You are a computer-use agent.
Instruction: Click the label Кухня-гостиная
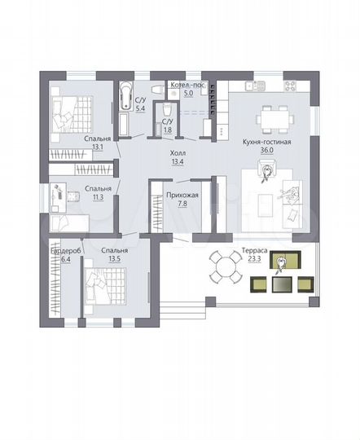[x=266, y=141]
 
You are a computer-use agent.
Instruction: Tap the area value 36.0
[x=266, y=150]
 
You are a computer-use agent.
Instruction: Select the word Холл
[x=178, y=152]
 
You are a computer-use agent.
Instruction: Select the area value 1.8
[x=167, y=130]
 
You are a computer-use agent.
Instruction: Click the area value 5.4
[x=139, y=108]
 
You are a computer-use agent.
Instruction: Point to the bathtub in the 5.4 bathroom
[x=125, y=97]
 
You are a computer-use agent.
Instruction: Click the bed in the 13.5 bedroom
[x=106, y=289]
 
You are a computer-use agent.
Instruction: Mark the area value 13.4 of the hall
[x=178, y=161]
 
